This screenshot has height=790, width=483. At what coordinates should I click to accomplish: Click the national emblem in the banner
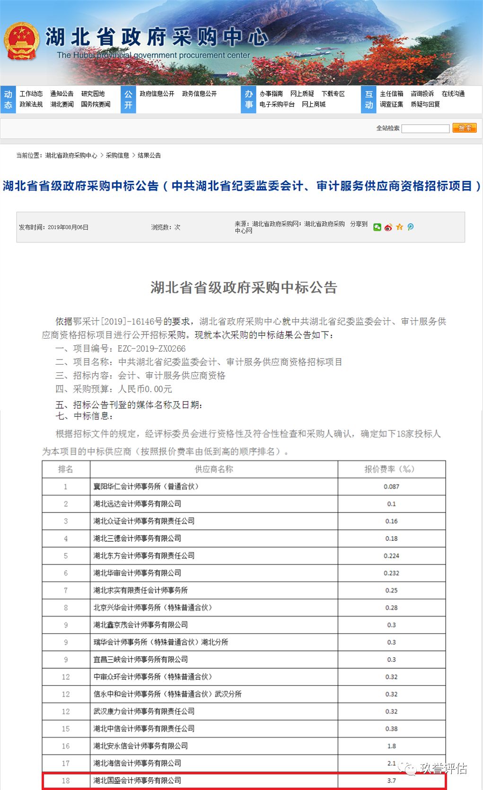tap(21, 41)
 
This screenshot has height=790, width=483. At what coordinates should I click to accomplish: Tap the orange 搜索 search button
tap(464, 128)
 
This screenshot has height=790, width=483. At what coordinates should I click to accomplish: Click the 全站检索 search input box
tap(425, 128)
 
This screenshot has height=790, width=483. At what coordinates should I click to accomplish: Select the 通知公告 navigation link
tap(62, 94)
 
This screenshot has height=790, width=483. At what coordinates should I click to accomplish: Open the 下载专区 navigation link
tap(333, 94)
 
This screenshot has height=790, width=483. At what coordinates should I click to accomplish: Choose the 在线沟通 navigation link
tap(453, 94)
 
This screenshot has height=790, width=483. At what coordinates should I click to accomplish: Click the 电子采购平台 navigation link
tap(277, 104)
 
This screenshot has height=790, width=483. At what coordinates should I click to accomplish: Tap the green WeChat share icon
tap(377, 227)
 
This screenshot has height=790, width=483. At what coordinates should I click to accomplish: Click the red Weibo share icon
tap(388, 227)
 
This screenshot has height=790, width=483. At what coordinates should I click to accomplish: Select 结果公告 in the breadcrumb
tap(149, 155)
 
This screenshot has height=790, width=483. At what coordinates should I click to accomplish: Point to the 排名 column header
tap(66, 469)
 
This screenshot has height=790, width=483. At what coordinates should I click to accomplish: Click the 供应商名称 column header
tap(214, 469)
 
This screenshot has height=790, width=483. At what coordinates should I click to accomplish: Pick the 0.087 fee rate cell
tap(391, 486)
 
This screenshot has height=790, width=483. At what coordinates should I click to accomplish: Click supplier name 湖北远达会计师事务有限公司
tap(137, 504)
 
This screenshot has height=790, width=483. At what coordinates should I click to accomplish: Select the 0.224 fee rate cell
tap(391, 556)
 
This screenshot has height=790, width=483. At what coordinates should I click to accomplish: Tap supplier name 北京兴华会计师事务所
tap(152, 608)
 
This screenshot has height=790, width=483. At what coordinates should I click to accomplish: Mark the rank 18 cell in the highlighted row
tap(66, 781)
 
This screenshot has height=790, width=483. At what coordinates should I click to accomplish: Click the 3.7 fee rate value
tap(391, 781)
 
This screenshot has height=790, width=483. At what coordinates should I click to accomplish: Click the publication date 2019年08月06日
tap(68, 227)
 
